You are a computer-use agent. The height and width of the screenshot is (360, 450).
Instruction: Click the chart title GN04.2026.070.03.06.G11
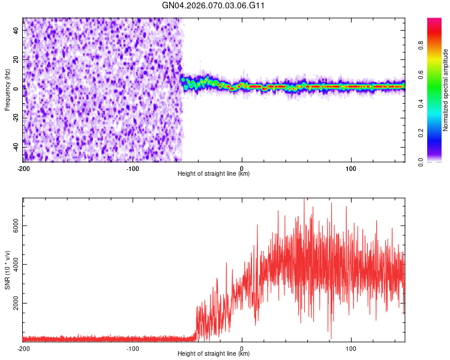click(x=214, y=5)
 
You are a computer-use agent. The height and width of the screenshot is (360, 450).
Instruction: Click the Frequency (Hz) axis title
click(x=7, y=90)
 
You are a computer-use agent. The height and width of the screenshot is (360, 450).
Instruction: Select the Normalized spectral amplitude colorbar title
click(x=446, y=90)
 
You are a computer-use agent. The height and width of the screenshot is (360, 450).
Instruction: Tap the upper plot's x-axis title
click(x=214, y=173)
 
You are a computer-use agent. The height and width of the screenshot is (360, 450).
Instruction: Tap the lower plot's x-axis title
click(x=214, y=353)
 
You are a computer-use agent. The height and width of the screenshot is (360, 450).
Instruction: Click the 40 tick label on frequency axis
click(x=16, y=29)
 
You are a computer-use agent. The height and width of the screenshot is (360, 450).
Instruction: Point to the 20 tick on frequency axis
click(x=16, y=59)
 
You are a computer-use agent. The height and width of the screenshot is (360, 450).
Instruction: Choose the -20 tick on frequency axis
click(x=14, y=118)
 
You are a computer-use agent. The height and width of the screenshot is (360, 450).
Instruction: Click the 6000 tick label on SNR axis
click(x=12, y=226)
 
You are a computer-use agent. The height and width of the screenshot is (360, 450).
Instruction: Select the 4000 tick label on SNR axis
click(x=12, y=265)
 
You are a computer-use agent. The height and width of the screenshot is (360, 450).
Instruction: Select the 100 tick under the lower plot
click(x=351, y=347)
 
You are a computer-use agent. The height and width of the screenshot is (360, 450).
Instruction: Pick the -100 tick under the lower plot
click(x=133, y=347)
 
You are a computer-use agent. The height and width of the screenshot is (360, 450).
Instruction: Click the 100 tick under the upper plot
click(x=351, y=167)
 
